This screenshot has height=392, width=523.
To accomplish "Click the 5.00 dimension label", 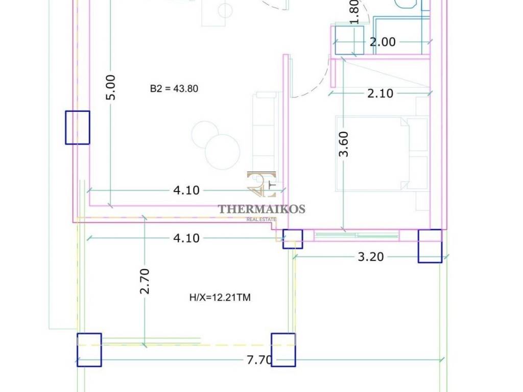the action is pyautogui.click(x=111, y=87).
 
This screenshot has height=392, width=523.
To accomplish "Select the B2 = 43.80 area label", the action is pyautogui.click(x=174, y=89).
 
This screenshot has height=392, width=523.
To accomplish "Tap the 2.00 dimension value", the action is pyautogui.click(x=383, y=42).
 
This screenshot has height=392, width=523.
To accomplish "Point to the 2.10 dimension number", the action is pyautogui.click(x=380, y=93).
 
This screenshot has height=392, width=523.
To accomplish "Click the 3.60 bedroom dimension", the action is pyautogui.click(x=344, y=144).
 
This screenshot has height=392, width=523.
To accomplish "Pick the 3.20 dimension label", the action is pyautogui.click(x=371, y=257).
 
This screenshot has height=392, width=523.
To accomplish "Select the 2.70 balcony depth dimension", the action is pyautogui.click(x=145, y=281).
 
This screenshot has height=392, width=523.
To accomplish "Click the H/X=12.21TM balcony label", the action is pyautogui.click(x=220, y=298).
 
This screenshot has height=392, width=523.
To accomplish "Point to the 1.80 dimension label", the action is pyautogui.click(x=354, y=12).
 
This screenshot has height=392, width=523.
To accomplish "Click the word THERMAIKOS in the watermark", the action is pyautogui.click(x=261, y=209).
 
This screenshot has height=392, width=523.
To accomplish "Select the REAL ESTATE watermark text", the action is pyautogui.click(x=261, y=219).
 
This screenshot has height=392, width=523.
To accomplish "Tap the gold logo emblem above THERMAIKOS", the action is pyautogui.click(x=261, y=184).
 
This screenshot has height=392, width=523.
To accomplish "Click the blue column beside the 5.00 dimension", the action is pyautogui.click(x=78, y=128).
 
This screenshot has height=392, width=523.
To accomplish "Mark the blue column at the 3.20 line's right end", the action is pyautogui.click(x=430, y=246).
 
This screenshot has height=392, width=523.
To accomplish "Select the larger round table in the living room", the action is pyautogui.click(x=223, y=152).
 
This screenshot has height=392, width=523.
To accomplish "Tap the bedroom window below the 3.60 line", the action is pyautogui.click(x=357, y=236).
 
